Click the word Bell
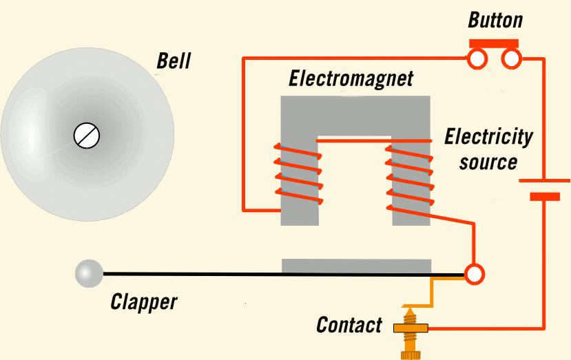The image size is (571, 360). [174, 61]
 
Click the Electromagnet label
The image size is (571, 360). [351, 78]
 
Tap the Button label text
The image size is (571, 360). [495, 21]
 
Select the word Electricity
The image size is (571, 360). [488, 137]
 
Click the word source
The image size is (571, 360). [488, 162]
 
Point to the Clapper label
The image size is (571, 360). [144, 301]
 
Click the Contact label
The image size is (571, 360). [349, 325]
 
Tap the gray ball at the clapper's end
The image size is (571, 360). [88, 274]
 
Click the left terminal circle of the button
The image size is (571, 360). [477, 61]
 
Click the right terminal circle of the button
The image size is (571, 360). [510, 61]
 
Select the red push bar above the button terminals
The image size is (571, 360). [493, 43]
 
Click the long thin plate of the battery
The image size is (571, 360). [544, 181]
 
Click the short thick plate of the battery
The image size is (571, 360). [544, 196]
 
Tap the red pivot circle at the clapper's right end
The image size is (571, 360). [474, 274]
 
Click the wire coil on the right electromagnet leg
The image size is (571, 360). [411, 176]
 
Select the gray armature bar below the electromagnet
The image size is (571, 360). [356, 266]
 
